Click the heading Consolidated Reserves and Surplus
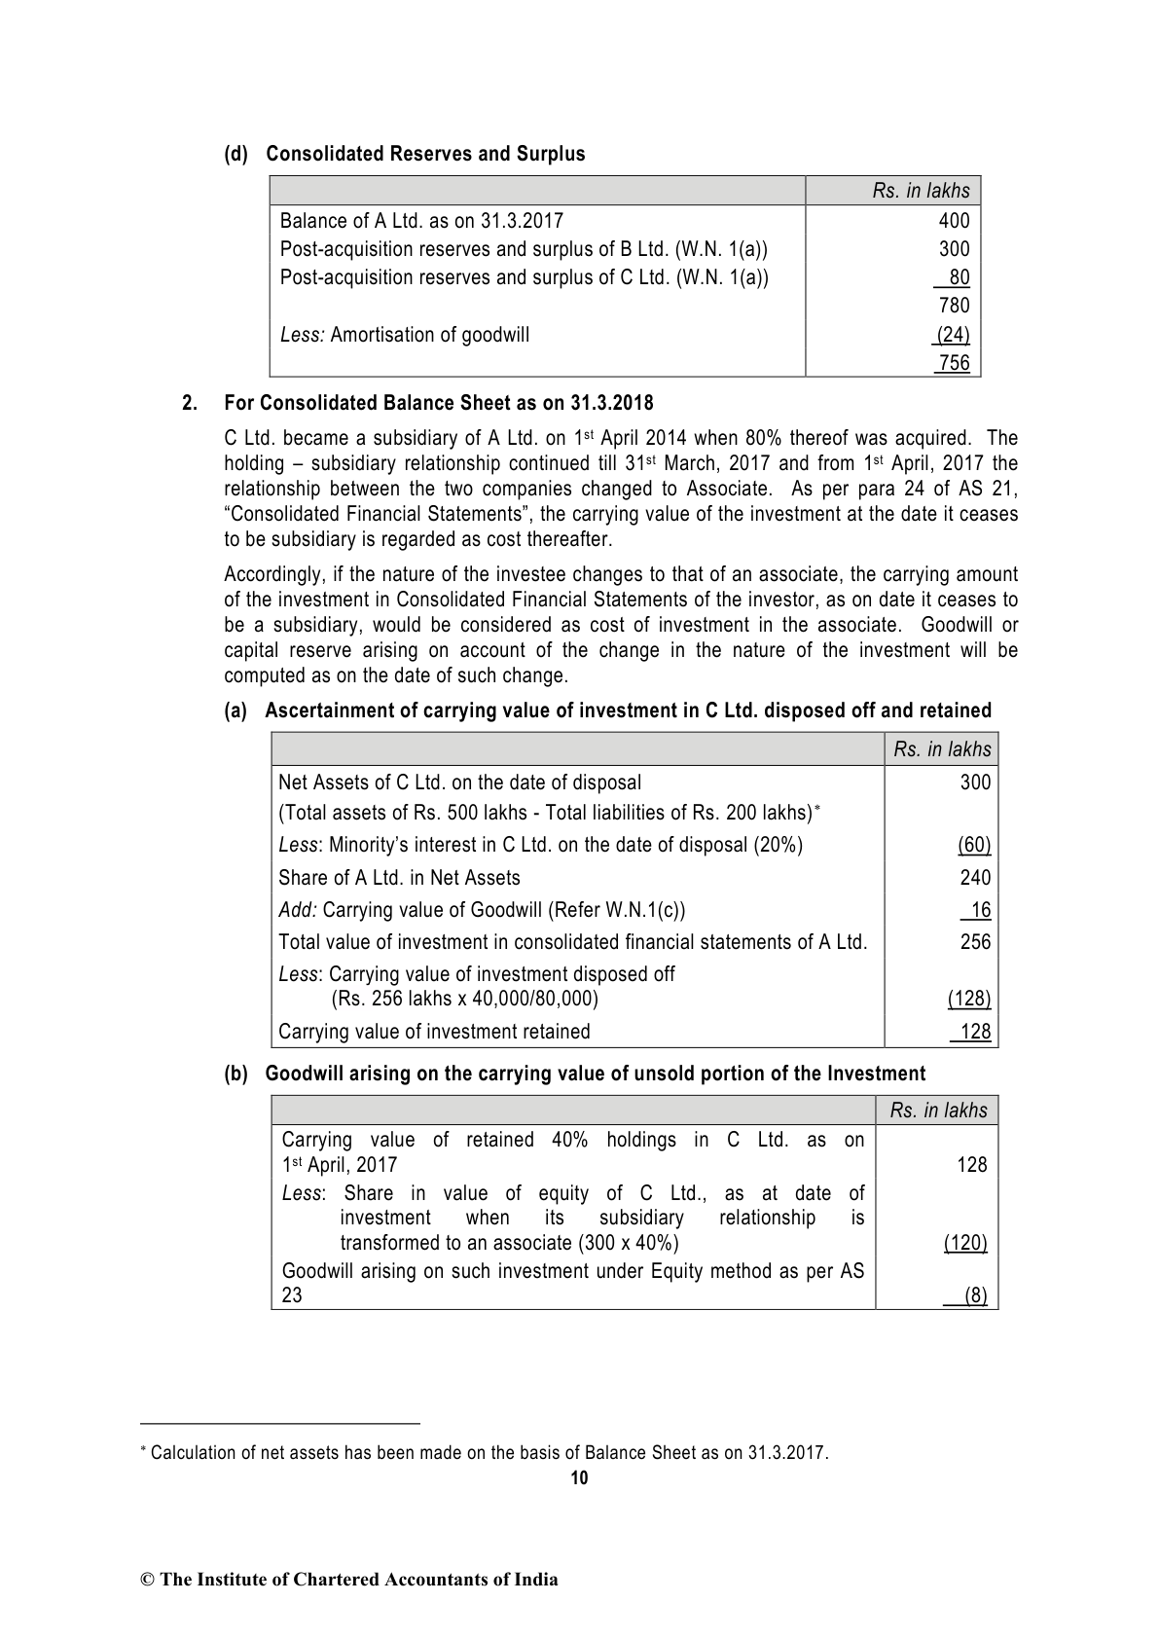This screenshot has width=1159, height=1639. coord(425,154)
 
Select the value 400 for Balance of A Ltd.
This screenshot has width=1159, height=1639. coord(954,221)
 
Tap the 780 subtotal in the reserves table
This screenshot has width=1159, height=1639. coord(954,306)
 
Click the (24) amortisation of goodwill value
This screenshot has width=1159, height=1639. coord(952,335)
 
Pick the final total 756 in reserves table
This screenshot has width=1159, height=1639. coord(954,363)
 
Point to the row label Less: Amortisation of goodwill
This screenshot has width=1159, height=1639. coord(405,335)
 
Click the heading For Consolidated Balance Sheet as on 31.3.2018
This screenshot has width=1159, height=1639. coord(438,403)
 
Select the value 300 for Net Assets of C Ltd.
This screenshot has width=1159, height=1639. coord(975,782)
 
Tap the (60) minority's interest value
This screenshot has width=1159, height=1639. coord(974,845)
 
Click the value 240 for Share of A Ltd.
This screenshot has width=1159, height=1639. coord(975,878)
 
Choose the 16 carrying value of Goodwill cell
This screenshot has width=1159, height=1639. coord(979,910)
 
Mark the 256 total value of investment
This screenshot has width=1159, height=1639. coord(975,941)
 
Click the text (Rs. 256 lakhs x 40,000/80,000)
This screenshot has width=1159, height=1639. coord(465,999)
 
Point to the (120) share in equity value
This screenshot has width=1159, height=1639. coord(965,1243)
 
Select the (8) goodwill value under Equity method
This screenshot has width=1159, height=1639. coord(974,1295)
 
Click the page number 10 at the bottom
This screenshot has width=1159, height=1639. coord(579,1478)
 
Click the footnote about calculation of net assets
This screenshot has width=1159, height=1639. coord(489,1453)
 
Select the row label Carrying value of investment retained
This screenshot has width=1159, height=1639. coord(434,1032)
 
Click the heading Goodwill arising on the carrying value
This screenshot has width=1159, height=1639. coord(595,1074)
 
